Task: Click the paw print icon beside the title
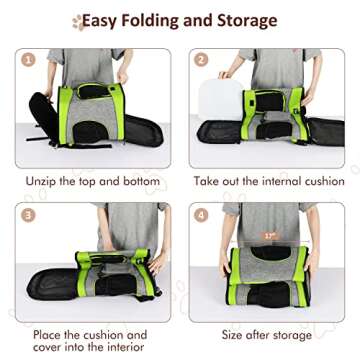click(76, 21)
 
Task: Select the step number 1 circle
click(29, 59)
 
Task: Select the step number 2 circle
click(201, 59)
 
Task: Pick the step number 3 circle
click(29, 215)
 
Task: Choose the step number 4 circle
click(201, 215)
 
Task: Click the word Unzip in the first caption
click(47, 182)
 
